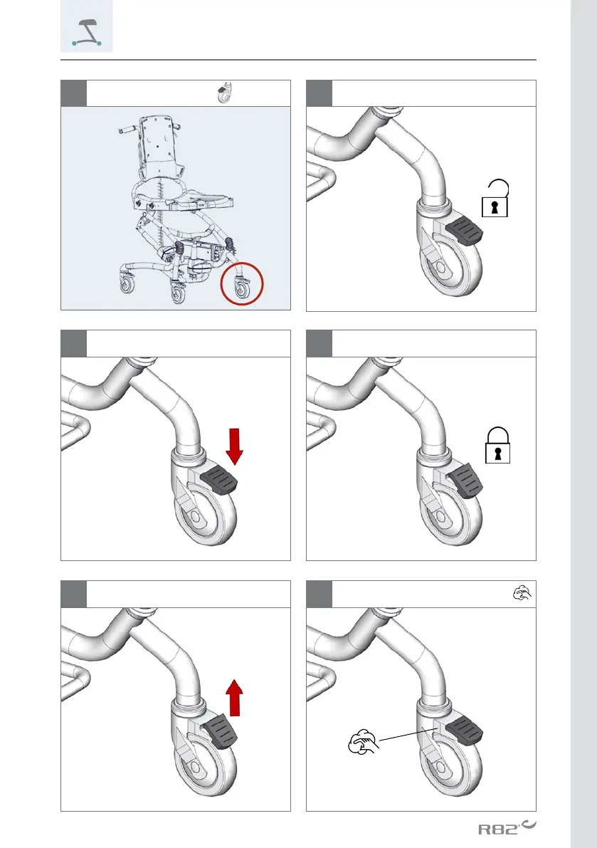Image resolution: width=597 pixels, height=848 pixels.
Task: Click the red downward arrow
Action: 234,446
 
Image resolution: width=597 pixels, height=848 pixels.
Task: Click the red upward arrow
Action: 234,698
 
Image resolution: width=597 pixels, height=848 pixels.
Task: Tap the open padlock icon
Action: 495,199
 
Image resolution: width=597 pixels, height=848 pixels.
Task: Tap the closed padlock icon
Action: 497,445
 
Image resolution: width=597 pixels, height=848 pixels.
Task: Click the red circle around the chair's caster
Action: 241,283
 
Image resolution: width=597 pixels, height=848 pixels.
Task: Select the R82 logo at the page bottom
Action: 507,827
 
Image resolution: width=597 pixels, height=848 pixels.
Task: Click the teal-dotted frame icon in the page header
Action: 86,33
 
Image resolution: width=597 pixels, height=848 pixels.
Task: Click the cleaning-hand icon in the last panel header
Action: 522,593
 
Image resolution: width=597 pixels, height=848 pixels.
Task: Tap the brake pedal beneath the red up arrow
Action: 219,730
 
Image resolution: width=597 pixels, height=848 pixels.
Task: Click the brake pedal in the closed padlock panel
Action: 465,480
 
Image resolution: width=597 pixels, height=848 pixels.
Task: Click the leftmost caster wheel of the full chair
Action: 127,285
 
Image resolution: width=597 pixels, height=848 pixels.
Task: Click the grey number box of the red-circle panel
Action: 73,93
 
